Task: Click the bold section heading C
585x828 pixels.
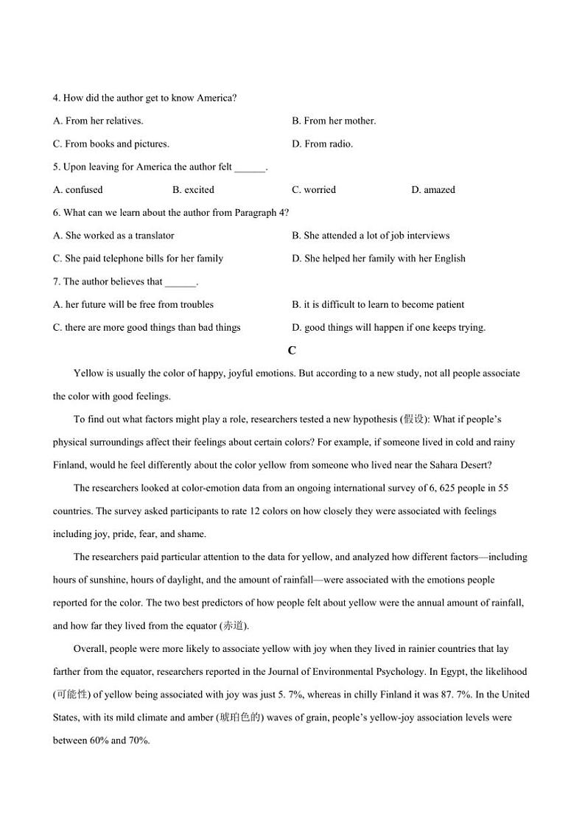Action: pyautogui.click(x=292, y=351)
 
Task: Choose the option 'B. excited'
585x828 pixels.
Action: pyautogui.click(x=193, y=189)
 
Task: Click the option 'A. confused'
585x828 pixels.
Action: pyautogui.click(x=78, y=189)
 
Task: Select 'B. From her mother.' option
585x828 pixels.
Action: pyautogui.click(x=334, y=121)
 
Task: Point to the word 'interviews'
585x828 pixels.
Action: pyautogui.click(x=427, y=236)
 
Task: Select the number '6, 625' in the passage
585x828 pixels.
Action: pyautogui.click(x=435, y=488)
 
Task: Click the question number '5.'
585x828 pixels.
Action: pyautogui.click(x=57, y=166)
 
